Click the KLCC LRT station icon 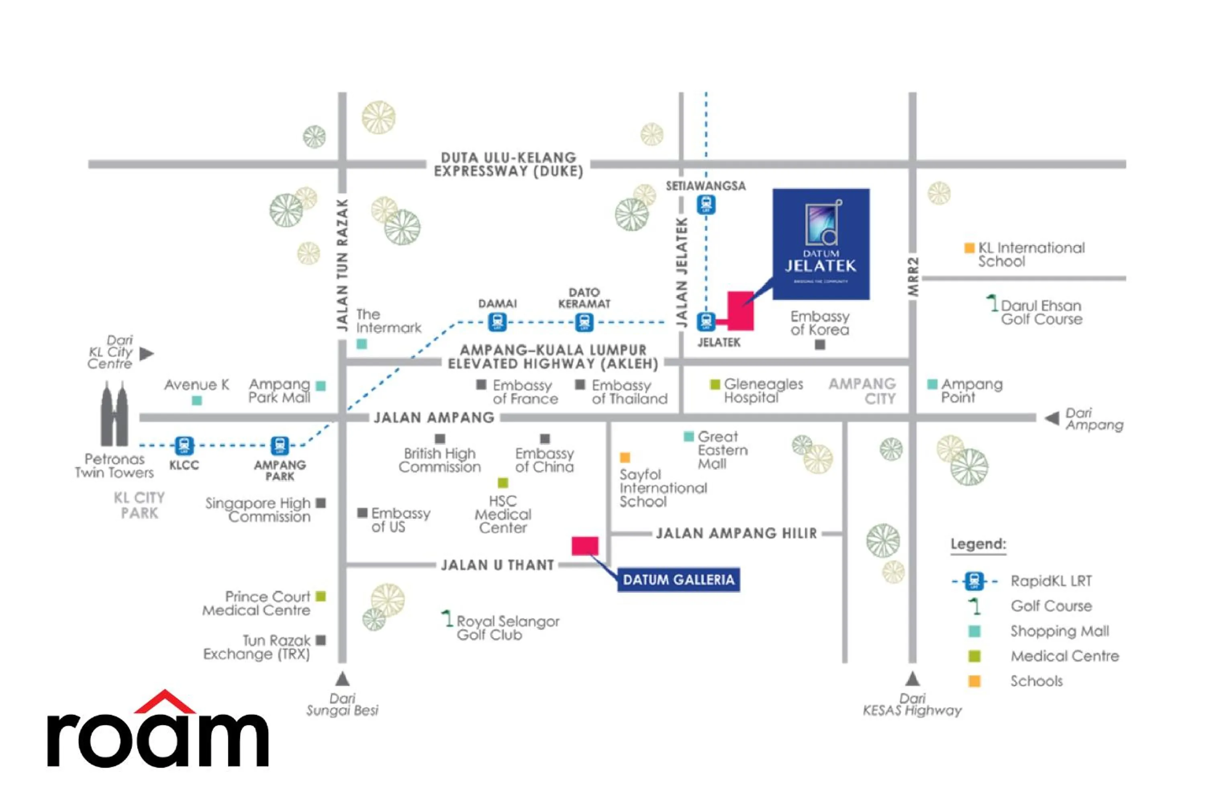(x=184, y=445)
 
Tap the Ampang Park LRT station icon (x=279, y=445)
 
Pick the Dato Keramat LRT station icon (x=584, y=322)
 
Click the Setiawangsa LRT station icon (x=706, y=205)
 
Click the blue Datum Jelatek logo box (x=821, y=244)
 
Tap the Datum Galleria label (x=678, y=580)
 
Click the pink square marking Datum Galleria (x=584, y=546)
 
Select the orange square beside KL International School (x=969, y=248)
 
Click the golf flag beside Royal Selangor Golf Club (x=447, y=618)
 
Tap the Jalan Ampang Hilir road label (x=736, y=534)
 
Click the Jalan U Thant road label (x=498, y=565)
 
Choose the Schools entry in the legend (x=1036, y=681)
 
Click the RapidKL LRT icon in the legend (x=974, y=581)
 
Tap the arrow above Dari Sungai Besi (x=342, y=679)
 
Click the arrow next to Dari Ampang (x=1052, y=418)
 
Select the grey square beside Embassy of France (x=481, y=385)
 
